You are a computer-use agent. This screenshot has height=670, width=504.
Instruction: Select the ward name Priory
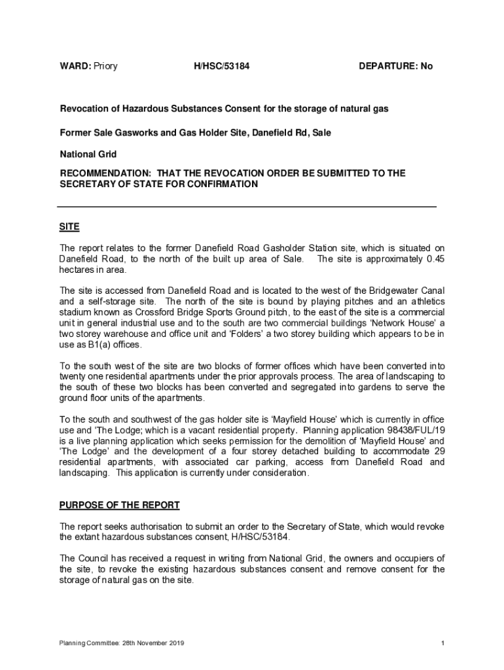[105, 66]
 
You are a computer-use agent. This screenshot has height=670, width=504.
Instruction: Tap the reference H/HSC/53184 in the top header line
[222, 66]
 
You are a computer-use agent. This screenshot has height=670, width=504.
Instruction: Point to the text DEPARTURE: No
[395, 66]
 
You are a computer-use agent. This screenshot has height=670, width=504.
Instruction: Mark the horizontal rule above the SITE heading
[247, 207]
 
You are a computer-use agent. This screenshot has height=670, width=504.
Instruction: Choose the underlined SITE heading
[69, 227]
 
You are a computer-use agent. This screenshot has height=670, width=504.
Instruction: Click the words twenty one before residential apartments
[81, 377]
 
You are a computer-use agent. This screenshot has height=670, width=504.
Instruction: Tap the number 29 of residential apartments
[439, 451]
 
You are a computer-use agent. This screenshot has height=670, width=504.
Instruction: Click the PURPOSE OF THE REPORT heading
[119, 505]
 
